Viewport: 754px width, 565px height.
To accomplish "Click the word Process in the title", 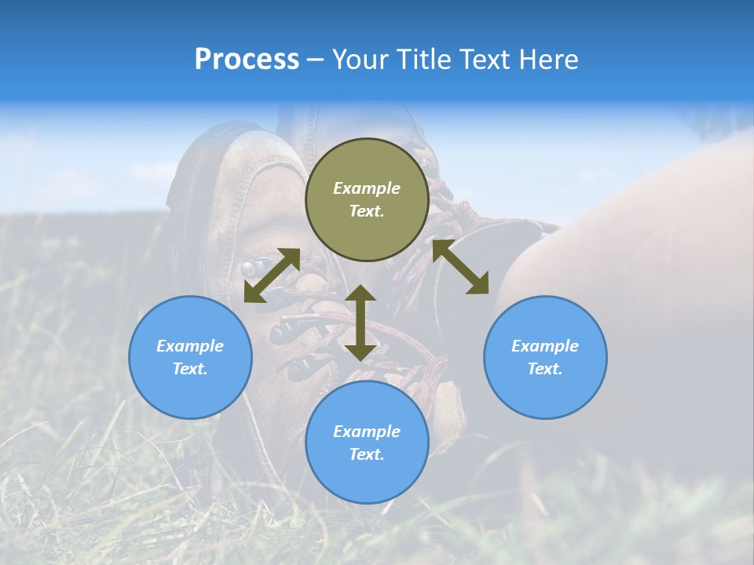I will [x=247, y=60].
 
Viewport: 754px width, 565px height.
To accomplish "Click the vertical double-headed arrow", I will [x=361, y=323].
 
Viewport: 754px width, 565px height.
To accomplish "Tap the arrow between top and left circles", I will [x=272, y=275].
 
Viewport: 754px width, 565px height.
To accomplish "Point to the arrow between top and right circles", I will [x=460, y=267].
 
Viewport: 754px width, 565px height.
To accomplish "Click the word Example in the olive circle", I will [x=367, y=188].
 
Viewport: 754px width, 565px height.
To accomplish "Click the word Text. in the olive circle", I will [x=367, y=211].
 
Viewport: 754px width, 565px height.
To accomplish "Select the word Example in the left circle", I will [x=190, y=346].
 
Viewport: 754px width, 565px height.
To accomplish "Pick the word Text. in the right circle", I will [x=545, y=369].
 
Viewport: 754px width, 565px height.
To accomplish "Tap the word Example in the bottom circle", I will [x=367, y=432].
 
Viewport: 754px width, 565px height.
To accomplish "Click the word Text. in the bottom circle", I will [x=367, y=454].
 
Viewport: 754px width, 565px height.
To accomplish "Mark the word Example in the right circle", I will [x=545, y=346].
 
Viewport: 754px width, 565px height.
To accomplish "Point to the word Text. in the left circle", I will [x=190, y=369].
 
